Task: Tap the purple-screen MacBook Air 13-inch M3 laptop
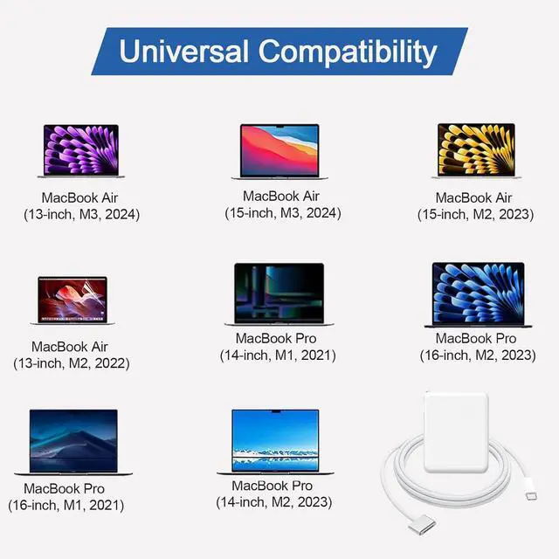click(80, 151)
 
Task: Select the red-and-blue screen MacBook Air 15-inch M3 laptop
click(279, 151)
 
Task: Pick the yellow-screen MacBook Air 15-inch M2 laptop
click(476, 150)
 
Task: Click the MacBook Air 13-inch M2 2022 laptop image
click(73, 300)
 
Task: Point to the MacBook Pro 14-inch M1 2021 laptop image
click(279, 293)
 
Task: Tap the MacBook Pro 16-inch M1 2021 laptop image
click(72, 442)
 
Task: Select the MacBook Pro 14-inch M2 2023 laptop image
click(275, 442)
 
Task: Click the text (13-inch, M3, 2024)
click(81, 214)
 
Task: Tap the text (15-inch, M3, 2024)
click(281, 212)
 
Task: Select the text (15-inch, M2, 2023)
click(474, 214)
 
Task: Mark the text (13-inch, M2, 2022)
click(70, 362)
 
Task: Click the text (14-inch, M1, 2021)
click(277, 355)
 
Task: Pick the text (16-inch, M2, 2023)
click(476, 355)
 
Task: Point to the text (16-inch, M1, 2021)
click(66, 505)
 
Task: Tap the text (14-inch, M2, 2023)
click(274, 502)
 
